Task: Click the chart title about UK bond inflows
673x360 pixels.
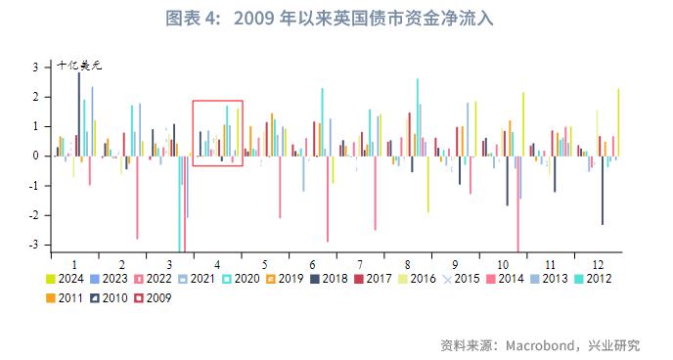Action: [x=336, y=19]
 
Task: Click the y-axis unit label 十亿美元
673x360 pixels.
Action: [x=80, y=66]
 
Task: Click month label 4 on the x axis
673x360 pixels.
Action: [x=216, y=265]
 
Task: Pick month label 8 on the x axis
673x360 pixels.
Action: [x=406, y=265]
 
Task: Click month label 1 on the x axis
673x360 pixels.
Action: [x=75, y=265]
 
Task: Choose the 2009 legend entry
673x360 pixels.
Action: [x=158, y=297]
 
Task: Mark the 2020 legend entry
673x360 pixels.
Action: [x=242, y=279]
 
